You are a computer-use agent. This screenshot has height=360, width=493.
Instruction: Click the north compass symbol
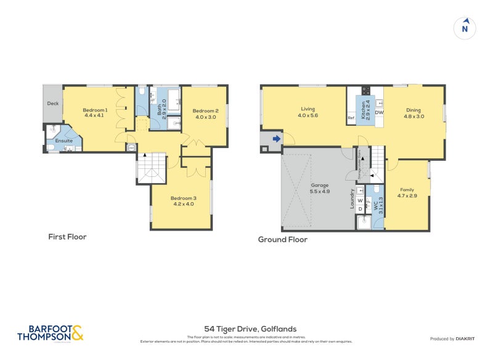[x=465, y=28]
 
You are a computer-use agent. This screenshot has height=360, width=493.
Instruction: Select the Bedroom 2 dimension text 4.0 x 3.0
[x=206, y=117]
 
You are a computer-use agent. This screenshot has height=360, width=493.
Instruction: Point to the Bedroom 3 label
[x=182, y=197]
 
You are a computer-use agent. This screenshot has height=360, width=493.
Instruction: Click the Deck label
[x=52, y=104]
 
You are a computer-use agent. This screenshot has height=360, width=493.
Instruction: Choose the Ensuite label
[x=64, y=141]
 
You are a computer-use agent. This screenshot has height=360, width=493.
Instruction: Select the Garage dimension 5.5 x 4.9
[x=319, y=192]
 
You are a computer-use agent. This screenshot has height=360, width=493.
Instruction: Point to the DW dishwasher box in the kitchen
[x=379, y=113]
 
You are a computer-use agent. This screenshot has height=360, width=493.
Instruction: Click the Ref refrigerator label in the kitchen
[x=351, y=118]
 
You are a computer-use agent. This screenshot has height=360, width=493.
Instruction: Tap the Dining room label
[x=413, y=109]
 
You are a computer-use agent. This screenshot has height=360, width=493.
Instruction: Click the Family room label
[x=407, y=189]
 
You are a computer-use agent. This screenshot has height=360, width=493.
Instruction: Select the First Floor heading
[x=67, y=237]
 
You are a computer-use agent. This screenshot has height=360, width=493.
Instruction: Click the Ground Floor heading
[x=282, y=240]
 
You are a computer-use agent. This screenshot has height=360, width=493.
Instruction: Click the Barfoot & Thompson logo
[x=50, y=333]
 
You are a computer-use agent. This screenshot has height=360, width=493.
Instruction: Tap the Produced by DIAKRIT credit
[x=455, y=339]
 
